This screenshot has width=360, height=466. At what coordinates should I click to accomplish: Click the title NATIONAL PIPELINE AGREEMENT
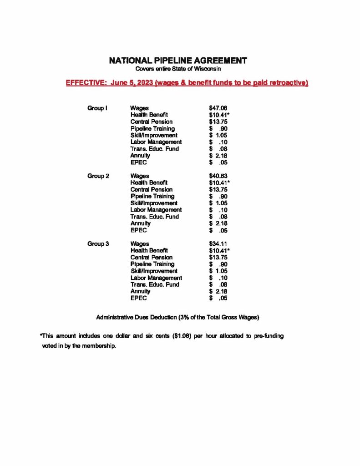point(178,61)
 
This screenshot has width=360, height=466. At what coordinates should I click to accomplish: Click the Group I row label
point(97,108)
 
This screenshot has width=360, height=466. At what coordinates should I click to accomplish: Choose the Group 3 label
point(98,243)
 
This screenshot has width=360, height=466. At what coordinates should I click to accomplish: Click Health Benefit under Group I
point(149,115)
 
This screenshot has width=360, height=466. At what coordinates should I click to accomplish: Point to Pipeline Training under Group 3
point(152,264)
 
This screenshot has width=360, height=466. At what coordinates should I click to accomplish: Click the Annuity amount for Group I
point(218,156)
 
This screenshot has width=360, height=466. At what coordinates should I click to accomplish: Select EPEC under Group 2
point(138,230)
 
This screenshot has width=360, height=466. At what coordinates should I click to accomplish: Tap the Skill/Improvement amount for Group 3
point(218,271)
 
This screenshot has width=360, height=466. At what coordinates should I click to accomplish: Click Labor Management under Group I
point(156,142)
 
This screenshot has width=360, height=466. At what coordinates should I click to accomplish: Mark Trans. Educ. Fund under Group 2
point(154,217)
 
